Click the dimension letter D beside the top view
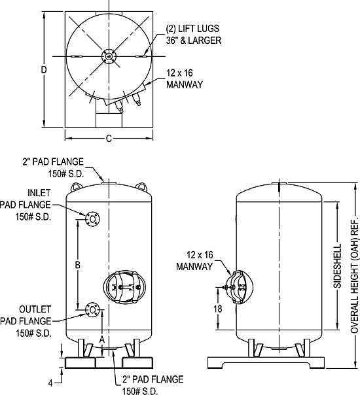pyautogui.click(x=44, y=69)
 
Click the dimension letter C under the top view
pyautogui.click(x=109, y=138)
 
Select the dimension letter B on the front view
pyautogui.click(x=77, y=265)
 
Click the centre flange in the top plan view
pyautogui.click(x=109, y=58)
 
